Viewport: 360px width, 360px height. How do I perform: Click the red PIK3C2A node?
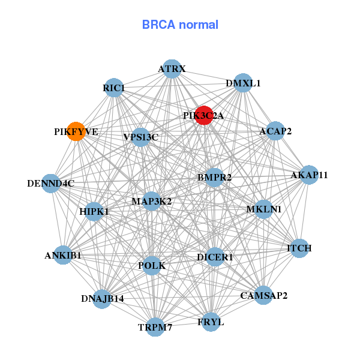tap(205, 115)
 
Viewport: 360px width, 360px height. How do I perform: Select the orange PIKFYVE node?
tap(76, 131)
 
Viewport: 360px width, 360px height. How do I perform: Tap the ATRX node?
tap(172, 69)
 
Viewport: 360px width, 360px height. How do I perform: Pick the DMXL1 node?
tap(242, 83)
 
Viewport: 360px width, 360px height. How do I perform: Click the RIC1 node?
tap(113, 88)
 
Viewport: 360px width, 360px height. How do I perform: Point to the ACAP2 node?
tap(275, 131)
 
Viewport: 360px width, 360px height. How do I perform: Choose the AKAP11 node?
tap(309, 175)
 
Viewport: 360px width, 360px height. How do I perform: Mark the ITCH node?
tap(299, 248)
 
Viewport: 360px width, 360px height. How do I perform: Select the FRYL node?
tap(211, 322)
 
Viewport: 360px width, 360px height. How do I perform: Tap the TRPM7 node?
tap(155, 327)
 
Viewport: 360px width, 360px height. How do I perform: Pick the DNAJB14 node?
tap(102, 299)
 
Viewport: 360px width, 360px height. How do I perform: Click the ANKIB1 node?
tap(63, 256)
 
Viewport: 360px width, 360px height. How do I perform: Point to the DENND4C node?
tap(51, 183)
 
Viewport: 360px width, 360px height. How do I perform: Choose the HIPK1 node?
tap(94, 212)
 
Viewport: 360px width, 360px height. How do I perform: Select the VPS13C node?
tap(140, 137)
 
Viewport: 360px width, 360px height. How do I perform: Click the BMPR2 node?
tap(214, 177)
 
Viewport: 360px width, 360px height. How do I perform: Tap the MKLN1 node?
tap(263, 209)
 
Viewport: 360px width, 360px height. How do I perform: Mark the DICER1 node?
tap(215, 257)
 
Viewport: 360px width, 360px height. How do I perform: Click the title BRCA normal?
tap(180, 25)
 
